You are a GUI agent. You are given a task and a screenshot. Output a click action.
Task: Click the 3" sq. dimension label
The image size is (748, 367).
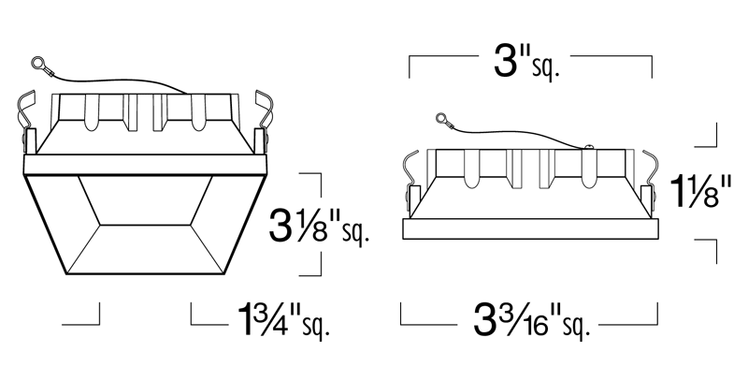(526, 63)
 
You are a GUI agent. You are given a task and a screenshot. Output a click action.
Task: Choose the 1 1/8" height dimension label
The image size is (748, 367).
(700, 192)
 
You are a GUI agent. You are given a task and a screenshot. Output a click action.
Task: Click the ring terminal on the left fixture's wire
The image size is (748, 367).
(37, 63)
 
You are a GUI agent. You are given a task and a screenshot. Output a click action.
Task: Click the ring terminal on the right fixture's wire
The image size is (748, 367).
(442, 118)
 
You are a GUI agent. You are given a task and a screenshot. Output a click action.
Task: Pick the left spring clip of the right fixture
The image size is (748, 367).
(410, 173)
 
